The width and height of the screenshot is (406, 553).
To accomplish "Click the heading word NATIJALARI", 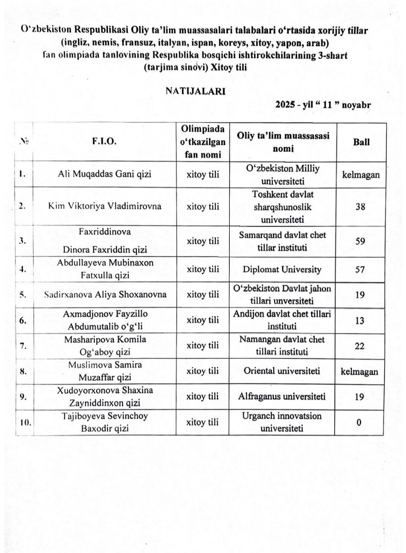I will [x=195, y=91].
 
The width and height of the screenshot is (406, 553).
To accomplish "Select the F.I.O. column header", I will [x=105, y=142].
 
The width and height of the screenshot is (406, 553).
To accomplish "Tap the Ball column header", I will [x=361, y=142].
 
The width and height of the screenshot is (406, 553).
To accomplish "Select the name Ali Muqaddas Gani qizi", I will [x=105, y=175].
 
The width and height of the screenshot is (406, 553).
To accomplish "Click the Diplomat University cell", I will [x=282, y=270].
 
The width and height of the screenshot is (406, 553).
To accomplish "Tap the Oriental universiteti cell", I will [x=282, y=371].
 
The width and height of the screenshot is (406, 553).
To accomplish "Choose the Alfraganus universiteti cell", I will [x=282, y=397].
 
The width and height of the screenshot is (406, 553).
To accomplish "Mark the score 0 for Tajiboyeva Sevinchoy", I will [x=359, y=422].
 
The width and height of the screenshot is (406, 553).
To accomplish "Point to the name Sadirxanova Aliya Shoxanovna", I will [x=105, y=295].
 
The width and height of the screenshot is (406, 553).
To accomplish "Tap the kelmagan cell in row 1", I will [x=361, y=175].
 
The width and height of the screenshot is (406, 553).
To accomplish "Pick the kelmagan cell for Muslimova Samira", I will [x=361, y=371].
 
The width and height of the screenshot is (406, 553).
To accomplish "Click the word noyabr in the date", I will [x=357, y=105].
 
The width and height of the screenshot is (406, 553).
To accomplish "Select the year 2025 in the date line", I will [x=285, y=105].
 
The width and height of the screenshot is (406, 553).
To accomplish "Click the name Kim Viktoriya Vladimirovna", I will [x=105, y=206].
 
